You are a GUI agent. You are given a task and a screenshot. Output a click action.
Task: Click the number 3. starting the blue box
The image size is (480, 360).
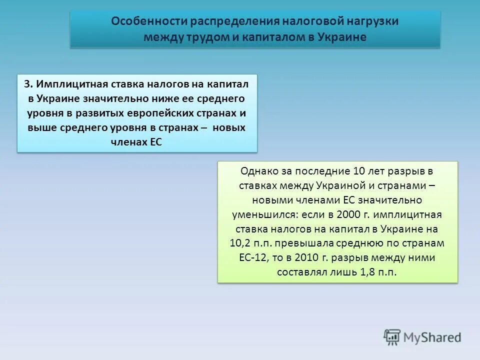pos(28,83)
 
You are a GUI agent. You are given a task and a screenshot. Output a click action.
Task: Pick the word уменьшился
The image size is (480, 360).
pos(262,214)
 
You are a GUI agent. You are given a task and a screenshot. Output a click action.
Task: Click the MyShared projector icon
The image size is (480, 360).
pos(392,337)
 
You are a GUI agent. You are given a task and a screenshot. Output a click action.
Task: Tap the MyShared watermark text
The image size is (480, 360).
pos(432,338)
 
